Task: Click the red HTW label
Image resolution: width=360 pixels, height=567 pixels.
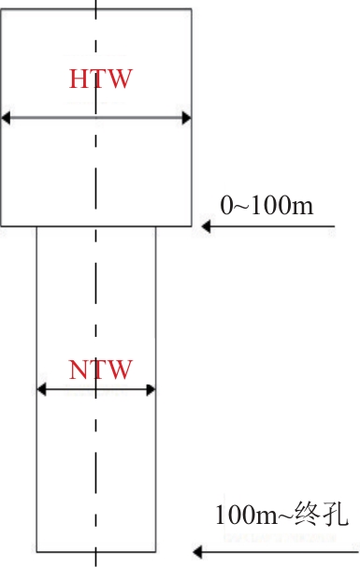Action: click(x=101, y=79)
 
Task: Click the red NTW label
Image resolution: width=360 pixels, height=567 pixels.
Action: click(x=100, y=370)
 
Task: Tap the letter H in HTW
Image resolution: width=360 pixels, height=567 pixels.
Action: click(x=78, y=79)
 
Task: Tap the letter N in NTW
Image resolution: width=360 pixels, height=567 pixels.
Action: click(x=79, y=370)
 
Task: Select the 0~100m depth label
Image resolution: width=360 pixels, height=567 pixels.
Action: click(x=266, y=205)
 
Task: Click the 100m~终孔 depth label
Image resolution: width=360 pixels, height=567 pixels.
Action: click(x=281, y=514)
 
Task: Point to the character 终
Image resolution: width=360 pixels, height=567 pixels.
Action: click(x=308, y=514)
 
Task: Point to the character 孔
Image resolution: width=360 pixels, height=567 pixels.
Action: click(x=335, y=514)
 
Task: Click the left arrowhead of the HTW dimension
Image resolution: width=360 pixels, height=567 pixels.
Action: click(x=6, y=118)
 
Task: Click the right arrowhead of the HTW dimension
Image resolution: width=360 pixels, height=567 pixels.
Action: click(x=186, y=118)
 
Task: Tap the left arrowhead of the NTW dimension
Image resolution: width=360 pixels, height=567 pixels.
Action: click(x=41, y=389)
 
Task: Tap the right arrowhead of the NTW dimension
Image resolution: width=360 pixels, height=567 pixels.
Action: click(x=151, y=389)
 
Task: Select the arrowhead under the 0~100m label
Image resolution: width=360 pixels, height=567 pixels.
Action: click(x=206, y=226)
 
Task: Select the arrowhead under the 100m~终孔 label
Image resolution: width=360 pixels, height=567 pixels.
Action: click(x=197, y=552)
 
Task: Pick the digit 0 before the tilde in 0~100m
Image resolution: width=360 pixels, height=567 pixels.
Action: click(x=226, y=206)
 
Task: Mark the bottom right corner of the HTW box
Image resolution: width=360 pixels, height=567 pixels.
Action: click(x=191, y=226)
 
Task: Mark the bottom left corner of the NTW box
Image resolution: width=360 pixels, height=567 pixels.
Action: click(x=36, y=552)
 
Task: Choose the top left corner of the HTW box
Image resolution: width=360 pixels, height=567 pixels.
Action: click(x=1, y=9)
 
